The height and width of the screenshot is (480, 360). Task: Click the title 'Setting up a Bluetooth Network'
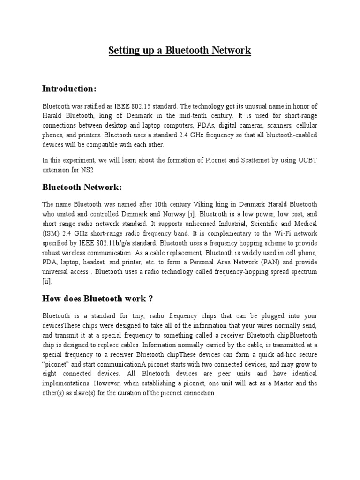click(x=180, y=51)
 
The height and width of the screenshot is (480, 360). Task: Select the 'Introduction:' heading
click(x=69, y=89)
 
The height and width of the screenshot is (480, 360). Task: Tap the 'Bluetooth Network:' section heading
click(x=82, y=187)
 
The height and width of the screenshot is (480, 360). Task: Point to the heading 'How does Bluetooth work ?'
click(x=98, y=299)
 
